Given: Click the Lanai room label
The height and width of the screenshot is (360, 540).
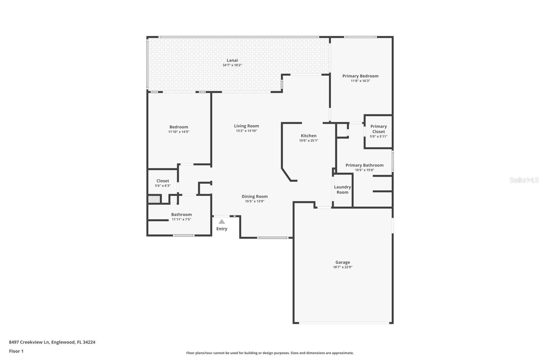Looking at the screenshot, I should point(232,60).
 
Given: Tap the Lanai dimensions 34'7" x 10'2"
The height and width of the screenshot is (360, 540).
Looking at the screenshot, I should point(232,65).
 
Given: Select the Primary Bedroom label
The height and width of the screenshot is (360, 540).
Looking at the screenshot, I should point(360,76).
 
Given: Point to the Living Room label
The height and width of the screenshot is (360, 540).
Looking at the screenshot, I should point(246,126).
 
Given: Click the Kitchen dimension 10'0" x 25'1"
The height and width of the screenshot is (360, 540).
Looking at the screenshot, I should point(308,140).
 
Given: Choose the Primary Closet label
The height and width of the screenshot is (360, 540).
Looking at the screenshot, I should point(378,129).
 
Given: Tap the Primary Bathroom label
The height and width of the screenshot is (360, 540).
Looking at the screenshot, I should point(364,165).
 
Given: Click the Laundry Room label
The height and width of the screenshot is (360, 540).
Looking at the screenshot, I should point(342,189).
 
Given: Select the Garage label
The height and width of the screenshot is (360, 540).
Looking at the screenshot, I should point(343,262).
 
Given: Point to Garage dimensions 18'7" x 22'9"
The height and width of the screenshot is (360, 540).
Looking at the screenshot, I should point(343,267).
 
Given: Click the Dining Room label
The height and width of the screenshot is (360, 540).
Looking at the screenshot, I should point(254,196).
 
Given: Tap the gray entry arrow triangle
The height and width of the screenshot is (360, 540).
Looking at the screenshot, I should point(222,222).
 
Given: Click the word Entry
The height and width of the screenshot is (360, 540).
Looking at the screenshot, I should point(222,229).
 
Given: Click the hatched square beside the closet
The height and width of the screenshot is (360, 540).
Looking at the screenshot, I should point(154,199).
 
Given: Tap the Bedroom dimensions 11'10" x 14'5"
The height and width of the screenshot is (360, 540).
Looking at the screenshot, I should point(179,132).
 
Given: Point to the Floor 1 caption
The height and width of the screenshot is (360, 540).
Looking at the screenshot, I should point(16,351).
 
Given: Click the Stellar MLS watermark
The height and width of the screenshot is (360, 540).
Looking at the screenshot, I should point(524,180).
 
